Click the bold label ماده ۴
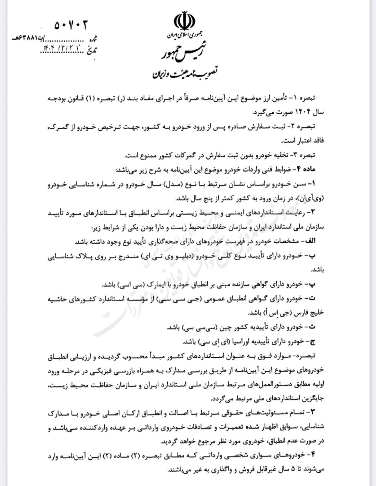[315, 169]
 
